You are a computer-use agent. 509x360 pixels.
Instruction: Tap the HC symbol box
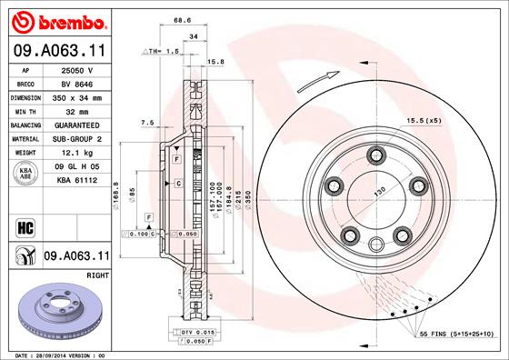25,226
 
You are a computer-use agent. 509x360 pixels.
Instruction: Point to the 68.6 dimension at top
185,20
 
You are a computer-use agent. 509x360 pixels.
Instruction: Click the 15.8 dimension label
216,62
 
